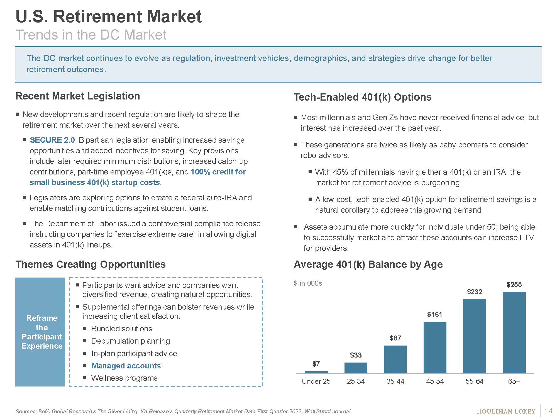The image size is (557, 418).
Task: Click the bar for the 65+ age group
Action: (x=514, y=332)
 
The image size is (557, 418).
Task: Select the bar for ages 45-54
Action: (x=435, y=347)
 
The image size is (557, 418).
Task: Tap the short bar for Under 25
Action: (x=316, y=372)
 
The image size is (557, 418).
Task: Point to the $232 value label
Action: (x=475, y=292)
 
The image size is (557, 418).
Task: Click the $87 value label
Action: (x=395, y=338)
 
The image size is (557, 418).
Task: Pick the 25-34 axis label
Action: (x=356, y=381)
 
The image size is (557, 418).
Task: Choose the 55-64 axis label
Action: (x=474, y=381)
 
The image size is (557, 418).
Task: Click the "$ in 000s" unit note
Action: (x=308, y=283)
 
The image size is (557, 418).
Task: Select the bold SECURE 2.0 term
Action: (x=52, y=140)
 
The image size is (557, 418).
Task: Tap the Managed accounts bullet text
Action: (x=126, y=366)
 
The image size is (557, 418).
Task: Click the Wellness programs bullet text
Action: (x=124, y=378)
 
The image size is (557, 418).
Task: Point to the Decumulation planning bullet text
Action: (x=130, y=341)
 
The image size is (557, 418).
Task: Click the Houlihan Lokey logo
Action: (x=506, y=411)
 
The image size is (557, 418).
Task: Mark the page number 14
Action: (x=548, y=411)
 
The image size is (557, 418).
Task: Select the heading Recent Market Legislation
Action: (x=78, y=96)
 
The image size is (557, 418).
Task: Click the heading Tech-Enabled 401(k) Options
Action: (x=363, y=97)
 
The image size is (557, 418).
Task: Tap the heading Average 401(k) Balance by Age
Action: (x=368, y=264)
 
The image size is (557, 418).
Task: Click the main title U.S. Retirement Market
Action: (x=109, y=16)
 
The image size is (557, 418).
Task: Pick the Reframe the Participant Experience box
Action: (x=40, y=332)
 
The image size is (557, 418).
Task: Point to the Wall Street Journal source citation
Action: (x=328, y=411)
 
